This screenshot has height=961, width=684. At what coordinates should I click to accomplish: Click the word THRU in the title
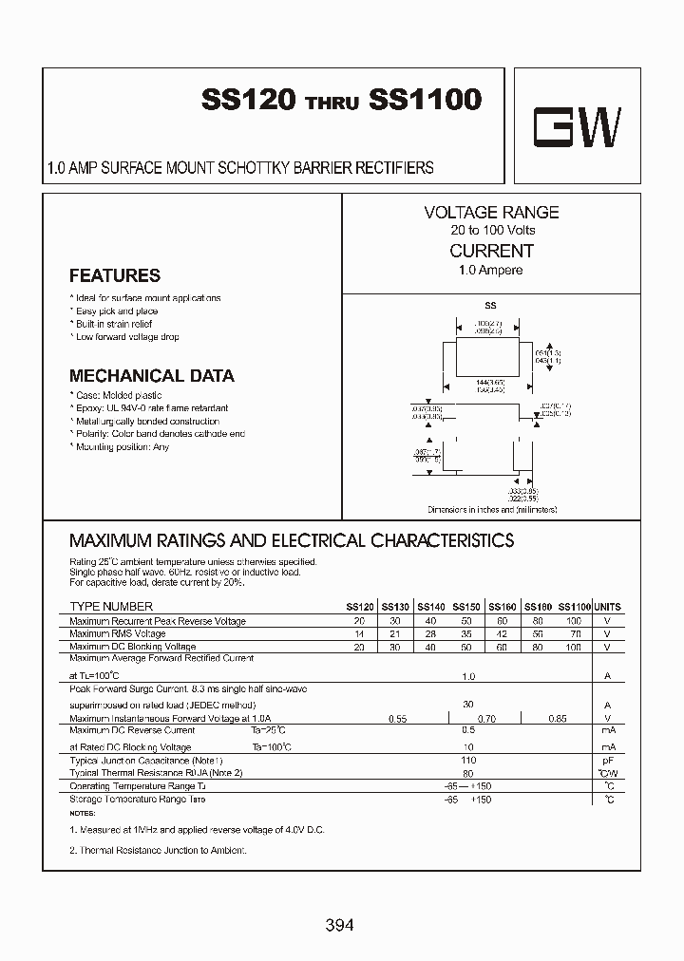pyautogui.click(x=332, y=105)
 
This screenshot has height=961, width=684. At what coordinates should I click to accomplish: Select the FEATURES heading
pyautogui.click(x=115, y=276)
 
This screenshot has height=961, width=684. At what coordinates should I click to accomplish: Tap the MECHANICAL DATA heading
pyautogui.click(x=152, y=376)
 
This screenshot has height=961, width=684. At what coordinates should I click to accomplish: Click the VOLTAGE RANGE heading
pyautogui.click(x=491, y=213)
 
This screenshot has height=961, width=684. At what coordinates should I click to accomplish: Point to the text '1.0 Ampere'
pyautogui.click(x=490, y=271)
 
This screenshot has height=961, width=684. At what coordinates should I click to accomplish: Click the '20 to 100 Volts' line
pyautogui.click(x=492, y=231)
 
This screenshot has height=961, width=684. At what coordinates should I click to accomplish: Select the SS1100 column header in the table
pyautogui.click(x=575, y=607)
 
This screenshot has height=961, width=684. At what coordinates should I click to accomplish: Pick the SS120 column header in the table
pyautogui.click(x=359, y=607)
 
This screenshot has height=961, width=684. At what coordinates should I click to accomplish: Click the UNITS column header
pyautogui.click(x=607, y=607)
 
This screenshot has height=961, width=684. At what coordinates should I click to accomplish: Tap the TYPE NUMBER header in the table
pyautogui.click(x=111, y=607)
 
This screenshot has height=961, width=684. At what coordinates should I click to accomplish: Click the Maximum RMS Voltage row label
pyautogui.click(x=118, y=633)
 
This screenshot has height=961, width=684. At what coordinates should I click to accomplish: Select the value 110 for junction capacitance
pyautogui.click(x=467, y=762)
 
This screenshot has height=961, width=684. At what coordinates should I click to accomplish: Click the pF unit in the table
pyautogui.click(x=607, y=762)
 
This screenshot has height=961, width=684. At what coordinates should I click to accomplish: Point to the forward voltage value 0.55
pyautogui.click(x=397, y=720)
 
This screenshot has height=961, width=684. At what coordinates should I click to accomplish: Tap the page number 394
pyautogui.click(x=339, y=925)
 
